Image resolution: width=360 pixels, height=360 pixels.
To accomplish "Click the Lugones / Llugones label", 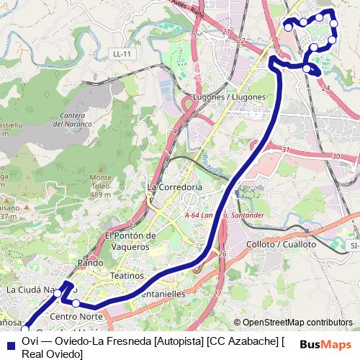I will click(230, 97).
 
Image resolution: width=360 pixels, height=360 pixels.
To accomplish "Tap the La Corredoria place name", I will click(175, 186).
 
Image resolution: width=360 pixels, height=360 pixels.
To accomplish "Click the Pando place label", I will click(91, 263).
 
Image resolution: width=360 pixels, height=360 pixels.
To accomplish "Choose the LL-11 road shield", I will click(120, 54).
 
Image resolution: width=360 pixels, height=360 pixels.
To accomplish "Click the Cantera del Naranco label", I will click(73, 120).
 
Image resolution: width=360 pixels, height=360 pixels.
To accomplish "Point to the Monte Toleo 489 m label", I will click(101, 186).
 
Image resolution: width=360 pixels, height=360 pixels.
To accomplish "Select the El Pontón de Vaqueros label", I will click(130, 240).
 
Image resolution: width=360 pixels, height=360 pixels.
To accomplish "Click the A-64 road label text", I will click(192, 215).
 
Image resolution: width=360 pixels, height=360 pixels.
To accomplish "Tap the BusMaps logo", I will click(325, 344).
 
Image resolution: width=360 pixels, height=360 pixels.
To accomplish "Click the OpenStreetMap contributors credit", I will click(297, 323).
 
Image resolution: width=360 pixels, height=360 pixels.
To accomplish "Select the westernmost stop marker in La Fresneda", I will click(289, 27).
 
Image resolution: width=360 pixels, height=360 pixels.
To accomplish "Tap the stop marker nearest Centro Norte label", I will click(76, 303).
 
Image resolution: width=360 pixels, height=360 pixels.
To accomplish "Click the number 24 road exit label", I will click(326, 88).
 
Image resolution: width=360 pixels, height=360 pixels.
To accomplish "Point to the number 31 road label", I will click(285, 150).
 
